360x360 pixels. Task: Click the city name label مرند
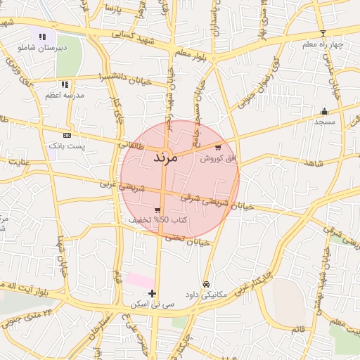click(169, 157)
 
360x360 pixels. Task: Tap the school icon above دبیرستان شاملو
click(42, 37)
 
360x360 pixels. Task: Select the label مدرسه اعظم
click(65, 94)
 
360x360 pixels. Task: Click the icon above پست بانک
click(67, 134)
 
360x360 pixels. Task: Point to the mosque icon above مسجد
click(324, 111)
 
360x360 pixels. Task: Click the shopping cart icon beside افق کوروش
click(219, 148)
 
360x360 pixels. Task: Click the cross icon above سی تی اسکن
click(153, 293)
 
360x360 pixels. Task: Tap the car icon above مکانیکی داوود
click(205, 284)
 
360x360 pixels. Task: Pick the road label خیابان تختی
click(187, 239)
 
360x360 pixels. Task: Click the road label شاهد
click(313, 163)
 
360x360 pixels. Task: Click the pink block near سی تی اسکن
click(138, 280)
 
